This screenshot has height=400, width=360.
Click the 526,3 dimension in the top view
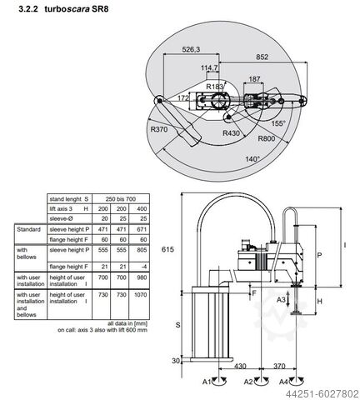pos(192,50)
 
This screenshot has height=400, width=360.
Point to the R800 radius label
pos(267,139)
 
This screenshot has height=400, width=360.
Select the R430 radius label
pos(232,132)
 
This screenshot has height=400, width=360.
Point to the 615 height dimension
pos(167,249)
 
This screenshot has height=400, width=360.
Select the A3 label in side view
pos(282,299)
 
